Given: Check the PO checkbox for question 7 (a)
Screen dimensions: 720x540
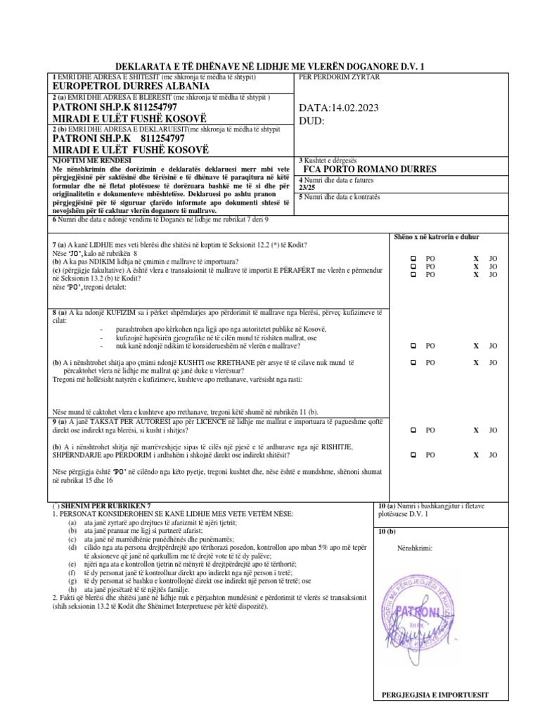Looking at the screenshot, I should tap(413, 258).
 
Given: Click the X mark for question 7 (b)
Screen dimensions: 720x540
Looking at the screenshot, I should tap(476, 266).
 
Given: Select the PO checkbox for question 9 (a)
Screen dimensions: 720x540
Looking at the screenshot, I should tap(413, 430).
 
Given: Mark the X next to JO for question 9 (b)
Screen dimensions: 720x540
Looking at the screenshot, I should tap(476, 455).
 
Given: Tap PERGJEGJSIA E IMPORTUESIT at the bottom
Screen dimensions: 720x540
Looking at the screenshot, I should tap(434, 695).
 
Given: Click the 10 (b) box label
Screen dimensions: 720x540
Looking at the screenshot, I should tap(387, 531).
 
